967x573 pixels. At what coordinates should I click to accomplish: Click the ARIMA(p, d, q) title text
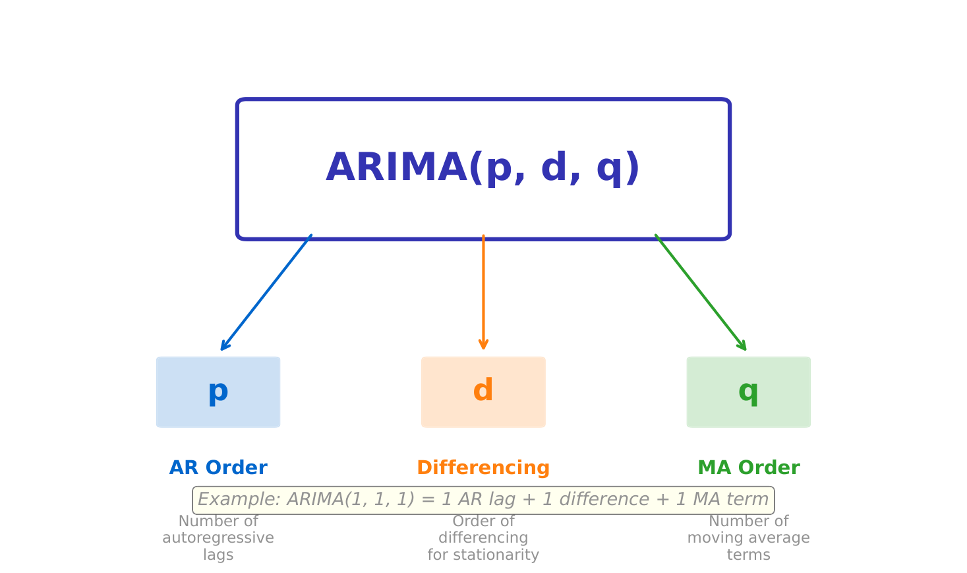pyautogui.click(x=483, y=169)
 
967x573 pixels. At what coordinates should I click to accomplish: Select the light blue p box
pyautogui.click(x=218, y=392)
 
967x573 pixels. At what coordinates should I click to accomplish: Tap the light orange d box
pyautogui.click(x=483, y=392)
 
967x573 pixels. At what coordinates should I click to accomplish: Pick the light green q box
pyautogui.click(x=748, y=392)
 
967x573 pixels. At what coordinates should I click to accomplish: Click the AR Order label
pyautogui.click(x=218, y=468)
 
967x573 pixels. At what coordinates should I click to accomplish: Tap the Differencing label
pyautogui.click(x=483, y=468)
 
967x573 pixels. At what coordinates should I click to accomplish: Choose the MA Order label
pyautogui.click(x=748, y=468)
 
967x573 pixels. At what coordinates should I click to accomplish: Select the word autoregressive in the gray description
pyautogui.click(x=218, y=538)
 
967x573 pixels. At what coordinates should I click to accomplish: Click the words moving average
pyautogui.click(x=748, y=538)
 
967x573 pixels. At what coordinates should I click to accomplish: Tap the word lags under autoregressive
pyautogui.click(x=218, y=555)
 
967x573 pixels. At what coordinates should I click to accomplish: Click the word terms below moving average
pyautogui.click(x=748, y=555)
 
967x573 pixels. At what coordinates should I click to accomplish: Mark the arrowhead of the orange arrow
pyautogui.click(x=483, y=344)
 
